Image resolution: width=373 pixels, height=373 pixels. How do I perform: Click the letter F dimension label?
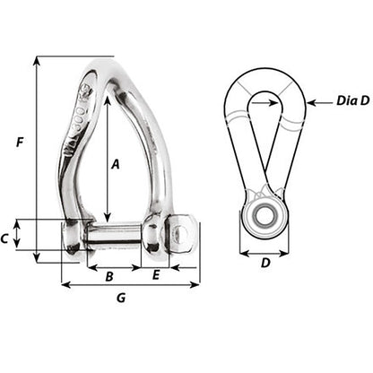(21, 141)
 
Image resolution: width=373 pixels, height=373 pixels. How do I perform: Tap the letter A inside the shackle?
(115, 163)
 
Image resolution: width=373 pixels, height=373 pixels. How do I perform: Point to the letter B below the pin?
(109, 276)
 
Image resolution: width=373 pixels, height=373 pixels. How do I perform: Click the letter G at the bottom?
(122, 299)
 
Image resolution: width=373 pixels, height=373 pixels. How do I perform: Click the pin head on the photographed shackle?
(181, 235)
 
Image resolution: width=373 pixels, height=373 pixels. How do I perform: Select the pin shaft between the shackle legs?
(115, 236)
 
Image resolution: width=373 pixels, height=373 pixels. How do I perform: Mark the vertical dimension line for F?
(37, 161)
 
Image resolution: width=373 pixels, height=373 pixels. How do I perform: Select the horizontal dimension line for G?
(130, 285)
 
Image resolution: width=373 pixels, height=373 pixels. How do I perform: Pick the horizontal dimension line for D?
(264, 253)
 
